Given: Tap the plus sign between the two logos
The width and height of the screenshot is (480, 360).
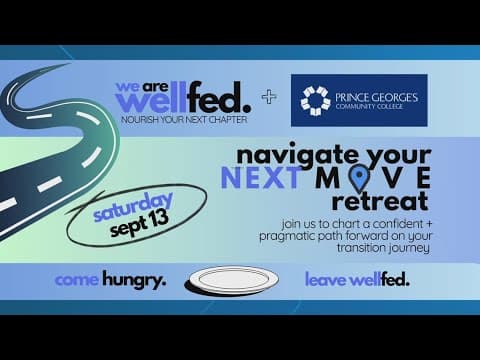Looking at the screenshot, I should tap(267, 97).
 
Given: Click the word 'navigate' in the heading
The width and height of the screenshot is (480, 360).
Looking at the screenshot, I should tap(285, 156).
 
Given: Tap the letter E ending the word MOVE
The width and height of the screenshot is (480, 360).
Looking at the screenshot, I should tap(424, 177).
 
